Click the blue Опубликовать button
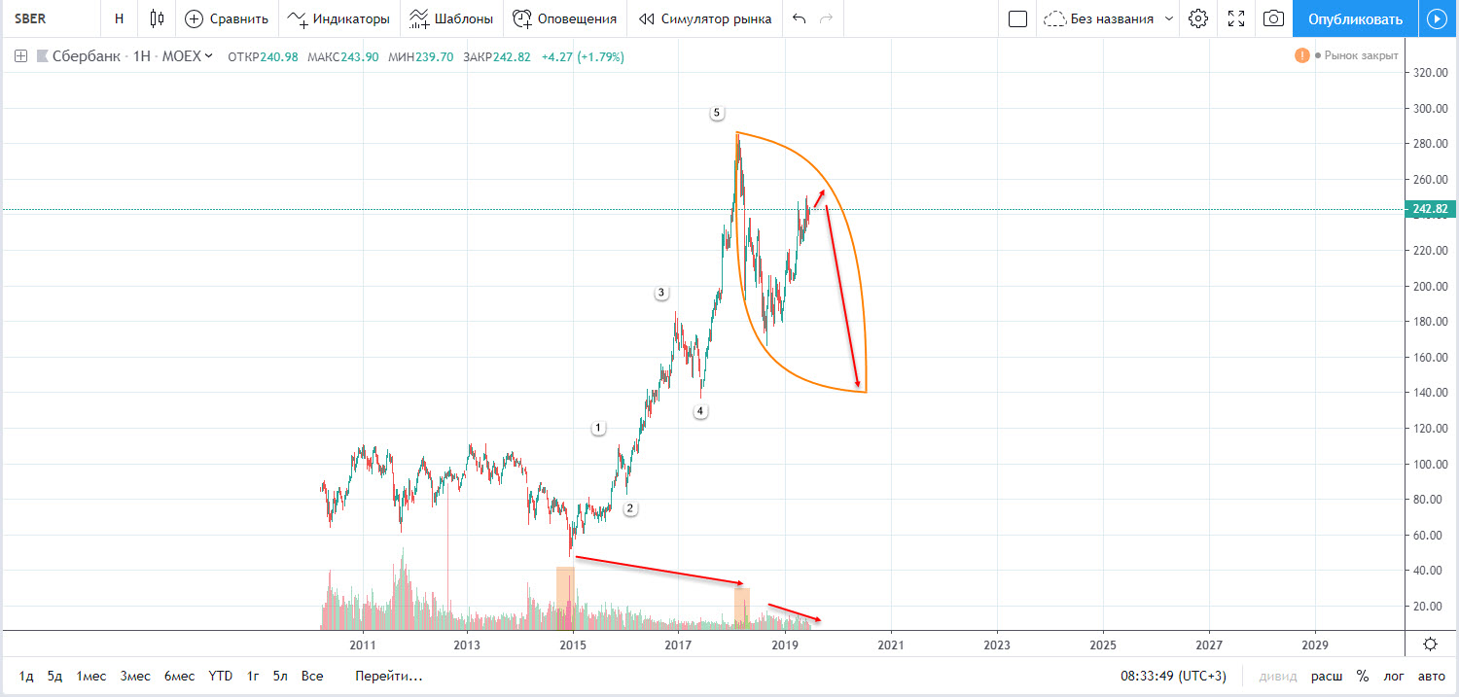tap(1355, 18)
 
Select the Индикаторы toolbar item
tap(338, 18)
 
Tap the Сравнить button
tap(227, 18)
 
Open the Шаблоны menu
tap(451, 18)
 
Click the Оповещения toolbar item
tap(565, 18)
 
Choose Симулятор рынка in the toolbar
tap(705, 18)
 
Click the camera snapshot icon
tap(1272, 18)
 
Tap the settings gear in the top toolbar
tap(1198, 18)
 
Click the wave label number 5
tap(717, 113)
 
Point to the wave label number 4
tap(700, 411)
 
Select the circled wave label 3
tap(660, 293)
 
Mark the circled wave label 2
tap(629, 508)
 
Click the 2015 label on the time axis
tap(573, 645)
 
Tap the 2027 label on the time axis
tap(1209, 645)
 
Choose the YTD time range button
tap(220, 676)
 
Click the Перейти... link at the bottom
tap(389, 676)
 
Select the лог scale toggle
tap(1395, 676)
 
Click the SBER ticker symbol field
tap(32, 18)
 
